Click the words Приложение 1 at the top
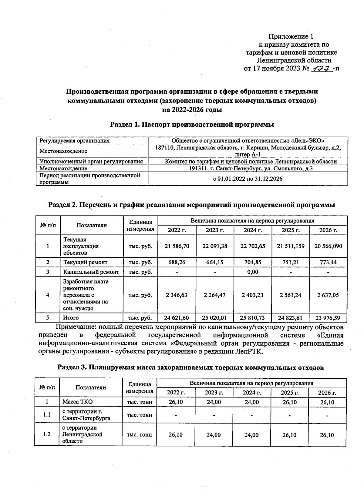tap(291, 37)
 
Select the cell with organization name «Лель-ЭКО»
tap(248, 141)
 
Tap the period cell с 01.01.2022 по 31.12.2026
tap(248, 179)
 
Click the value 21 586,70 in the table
tap(177, 246)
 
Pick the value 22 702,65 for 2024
tap(253, 246)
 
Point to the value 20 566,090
tap(328, 246)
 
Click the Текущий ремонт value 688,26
tap(177, 262)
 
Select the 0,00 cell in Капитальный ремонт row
tap(253, 272)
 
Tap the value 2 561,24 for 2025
tap(291, 295)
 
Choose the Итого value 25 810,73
tap(253, 318)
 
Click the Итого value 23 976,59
tap(328, 318)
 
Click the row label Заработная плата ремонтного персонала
tap(86, 295)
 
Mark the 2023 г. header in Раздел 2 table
tap(215, 230)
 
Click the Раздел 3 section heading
tap(191, 367)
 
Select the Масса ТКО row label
tap(78, 402)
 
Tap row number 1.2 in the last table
tap(47, 434)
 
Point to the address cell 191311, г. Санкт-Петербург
tap(248, 169)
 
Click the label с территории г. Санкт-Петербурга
tap(86, 415)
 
